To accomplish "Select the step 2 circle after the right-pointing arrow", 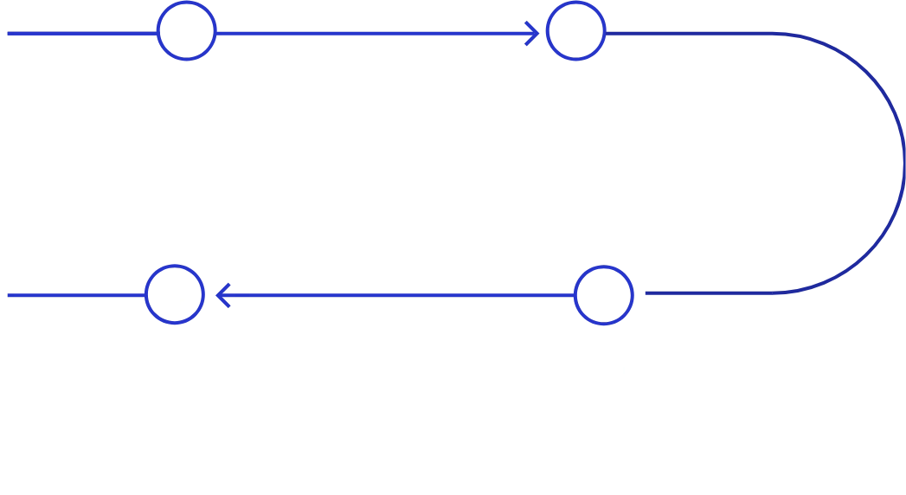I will point(576,33).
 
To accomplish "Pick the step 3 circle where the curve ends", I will point(605,295).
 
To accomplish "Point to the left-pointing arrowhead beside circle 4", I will point(222,295).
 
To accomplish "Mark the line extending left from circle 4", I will point(74,295).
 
